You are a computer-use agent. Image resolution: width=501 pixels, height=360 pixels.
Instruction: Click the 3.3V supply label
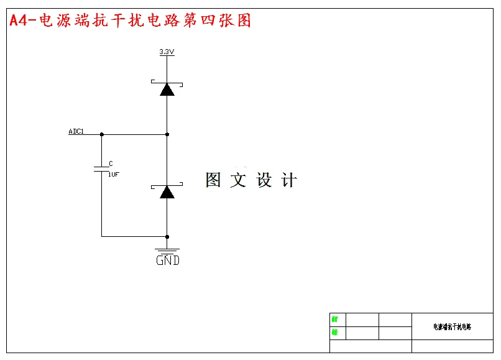tap(166, 52)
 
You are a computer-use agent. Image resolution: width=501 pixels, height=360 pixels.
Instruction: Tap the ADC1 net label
tap(76, 132)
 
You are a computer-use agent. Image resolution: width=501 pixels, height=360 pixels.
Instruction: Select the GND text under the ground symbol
tap(167, 261)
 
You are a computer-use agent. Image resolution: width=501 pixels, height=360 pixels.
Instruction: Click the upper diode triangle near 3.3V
tap(167, 89)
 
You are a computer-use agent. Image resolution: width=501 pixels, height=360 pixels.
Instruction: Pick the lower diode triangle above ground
tap(167, 192)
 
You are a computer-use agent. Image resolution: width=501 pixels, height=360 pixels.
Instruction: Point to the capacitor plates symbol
tap(101, 168)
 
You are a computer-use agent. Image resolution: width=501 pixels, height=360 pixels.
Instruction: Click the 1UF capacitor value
tap(113, 175)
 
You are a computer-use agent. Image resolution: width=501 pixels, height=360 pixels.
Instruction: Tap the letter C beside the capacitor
tap(111, 164)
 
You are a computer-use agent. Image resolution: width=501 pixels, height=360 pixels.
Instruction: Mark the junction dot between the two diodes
tap(167, 134)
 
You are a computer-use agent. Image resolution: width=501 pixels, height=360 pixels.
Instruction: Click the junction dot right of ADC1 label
tap(101, 134)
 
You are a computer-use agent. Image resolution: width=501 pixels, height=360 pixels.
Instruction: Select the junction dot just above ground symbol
tap(167, 236)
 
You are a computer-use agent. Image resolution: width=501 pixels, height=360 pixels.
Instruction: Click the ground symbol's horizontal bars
tap(167, 251)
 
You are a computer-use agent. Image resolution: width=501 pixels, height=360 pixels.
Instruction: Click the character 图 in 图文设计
tap(213, 180)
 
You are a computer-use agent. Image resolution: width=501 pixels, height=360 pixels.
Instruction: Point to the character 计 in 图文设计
tap(289, 180)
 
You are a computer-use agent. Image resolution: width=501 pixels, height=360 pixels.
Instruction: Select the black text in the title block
tap(452, 326)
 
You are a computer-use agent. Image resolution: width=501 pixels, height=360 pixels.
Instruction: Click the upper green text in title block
tap(334, 320)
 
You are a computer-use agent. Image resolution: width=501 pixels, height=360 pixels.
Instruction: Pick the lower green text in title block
tap(334, 333)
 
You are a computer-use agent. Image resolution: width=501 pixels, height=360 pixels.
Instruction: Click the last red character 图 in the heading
tap(244, 21)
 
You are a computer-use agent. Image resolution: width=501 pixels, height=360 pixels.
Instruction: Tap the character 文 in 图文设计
tap(238, 180)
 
